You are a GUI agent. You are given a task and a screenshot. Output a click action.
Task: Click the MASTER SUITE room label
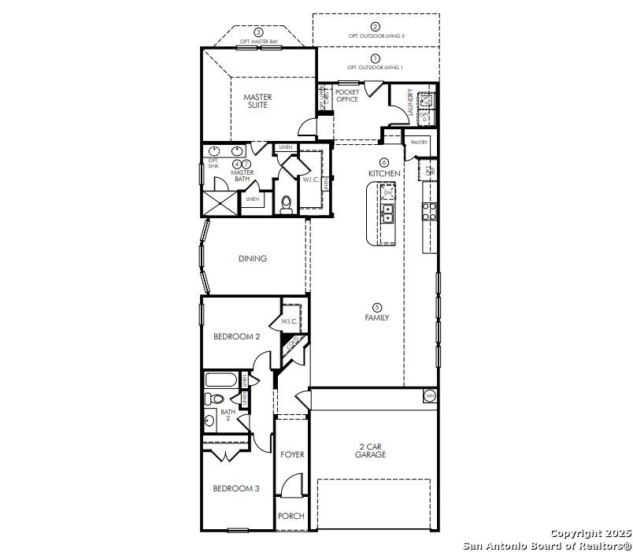(x=257, y=101)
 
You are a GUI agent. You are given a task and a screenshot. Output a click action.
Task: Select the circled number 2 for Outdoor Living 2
(x=376, y=27)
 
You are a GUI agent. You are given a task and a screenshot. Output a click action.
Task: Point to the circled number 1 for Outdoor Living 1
(x=376, y=58)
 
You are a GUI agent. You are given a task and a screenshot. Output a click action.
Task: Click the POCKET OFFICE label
(x=346, y=95)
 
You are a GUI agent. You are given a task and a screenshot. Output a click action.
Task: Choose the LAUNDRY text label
(x=410, y=103)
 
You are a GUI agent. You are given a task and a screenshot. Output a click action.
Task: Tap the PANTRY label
(x=419, y=143)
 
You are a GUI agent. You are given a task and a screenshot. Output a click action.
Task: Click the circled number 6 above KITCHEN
(x=384, y=162)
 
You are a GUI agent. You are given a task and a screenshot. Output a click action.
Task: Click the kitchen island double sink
(x=387, y=212)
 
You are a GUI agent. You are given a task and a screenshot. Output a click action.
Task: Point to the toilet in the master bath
(x=287, y=204)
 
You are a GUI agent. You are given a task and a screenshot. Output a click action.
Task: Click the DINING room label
(x=253, y=258)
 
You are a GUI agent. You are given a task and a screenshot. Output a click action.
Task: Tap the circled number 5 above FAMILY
(x=376, y=307)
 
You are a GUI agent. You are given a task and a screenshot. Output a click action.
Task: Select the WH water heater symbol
(x=430, y=395)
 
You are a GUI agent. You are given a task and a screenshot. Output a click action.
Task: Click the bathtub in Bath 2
(x=220, y=380)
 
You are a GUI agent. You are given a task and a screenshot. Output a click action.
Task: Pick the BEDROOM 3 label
(x=236, y=488)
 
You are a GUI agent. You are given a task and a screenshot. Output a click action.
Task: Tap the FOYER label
(x=292, y=454)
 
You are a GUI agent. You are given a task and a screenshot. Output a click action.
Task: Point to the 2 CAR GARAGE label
(x=370, y=450)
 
